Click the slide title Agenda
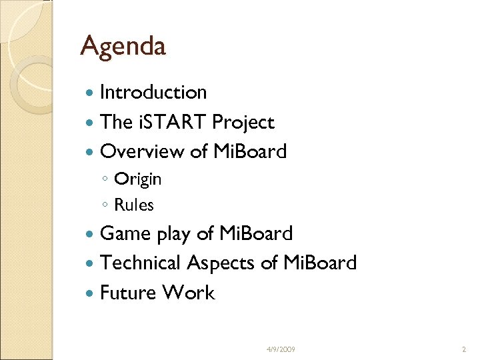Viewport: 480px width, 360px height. coord(123,47)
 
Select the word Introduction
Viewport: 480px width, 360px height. coord(153,92)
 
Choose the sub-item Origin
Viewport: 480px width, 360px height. coord(137,179)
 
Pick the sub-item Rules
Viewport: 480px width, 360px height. coord(133,205)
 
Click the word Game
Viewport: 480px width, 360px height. coord(125,233)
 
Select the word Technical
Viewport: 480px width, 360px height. coord(141,263)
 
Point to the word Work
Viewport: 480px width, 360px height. coord(191,293)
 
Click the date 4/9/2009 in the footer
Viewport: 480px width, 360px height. coord(281,349)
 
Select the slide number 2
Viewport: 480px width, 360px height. coord(464,349)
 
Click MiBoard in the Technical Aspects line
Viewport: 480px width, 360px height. coord(320,263)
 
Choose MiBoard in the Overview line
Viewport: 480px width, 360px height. coord(250,152)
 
